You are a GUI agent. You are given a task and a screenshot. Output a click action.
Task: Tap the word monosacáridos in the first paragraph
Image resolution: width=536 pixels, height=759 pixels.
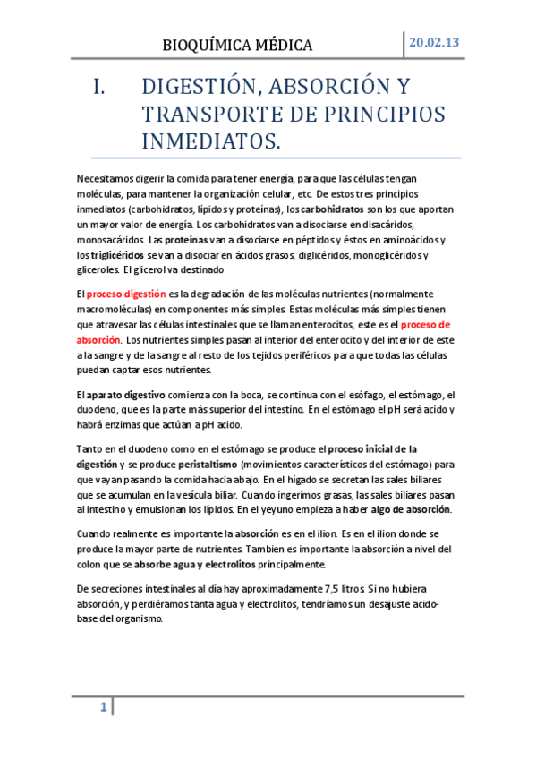111,240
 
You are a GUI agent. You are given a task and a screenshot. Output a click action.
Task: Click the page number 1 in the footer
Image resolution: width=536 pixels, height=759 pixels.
104,708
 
